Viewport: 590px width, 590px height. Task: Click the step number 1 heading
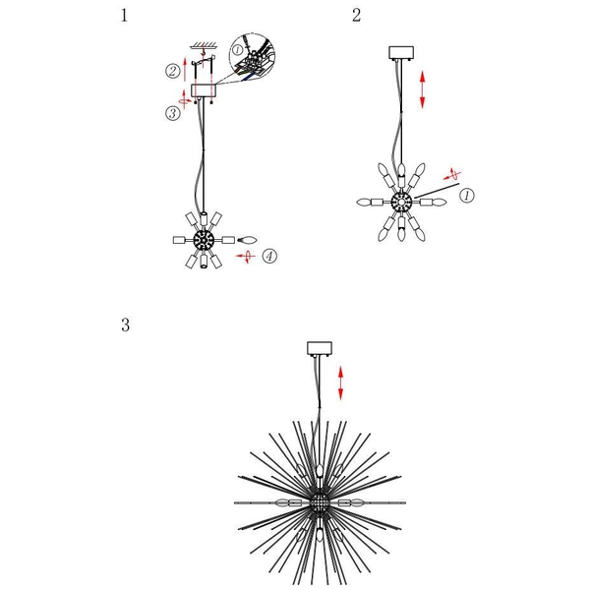(x=124, y=16)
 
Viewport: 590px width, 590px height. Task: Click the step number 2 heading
(x=356, y=16)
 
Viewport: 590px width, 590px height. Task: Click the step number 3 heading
(x=125, y=325)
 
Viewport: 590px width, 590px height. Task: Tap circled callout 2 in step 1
(x=172, y=70)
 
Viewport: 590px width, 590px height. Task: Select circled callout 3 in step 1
(x=172, y=113)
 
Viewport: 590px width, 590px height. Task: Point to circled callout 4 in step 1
(x=269, y=257)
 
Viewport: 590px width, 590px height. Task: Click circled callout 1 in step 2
(x=467, y=196)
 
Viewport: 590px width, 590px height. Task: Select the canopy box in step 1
(x=204, y=89)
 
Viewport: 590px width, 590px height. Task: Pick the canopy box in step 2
(x=403, y=53)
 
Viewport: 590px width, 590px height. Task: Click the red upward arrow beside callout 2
(x=187, y=70)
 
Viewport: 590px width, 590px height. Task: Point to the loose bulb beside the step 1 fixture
(x=246, y=240)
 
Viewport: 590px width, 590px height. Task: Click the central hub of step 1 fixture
(x=204, y=240)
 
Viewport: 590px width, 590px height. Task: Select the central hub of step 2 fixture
(x=402, y=202)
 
